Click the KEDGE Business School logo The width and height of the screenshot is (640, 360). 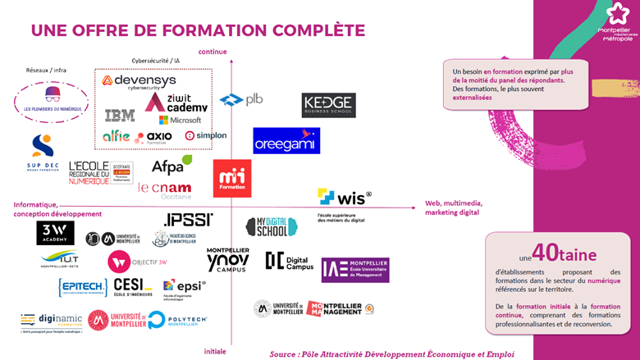click(x=328, y=104)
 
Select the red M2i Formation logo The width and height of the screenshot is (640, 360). click(x=232, y=178)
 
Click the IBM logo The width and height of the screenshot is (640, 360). click(x=120, y=115)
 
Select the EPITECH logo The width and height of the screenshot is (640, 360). click(x=82, y=287)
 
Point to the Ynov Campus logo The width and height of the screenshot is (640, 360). click(x=227, y=259)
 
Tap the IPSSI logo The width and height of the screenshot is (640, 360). click(x=189, y=220)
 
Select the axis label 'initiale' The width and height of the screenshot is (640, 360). click(x=215, y=351)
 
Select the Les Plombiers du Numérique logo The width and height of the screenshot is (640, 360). click(x=53, y=99)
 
